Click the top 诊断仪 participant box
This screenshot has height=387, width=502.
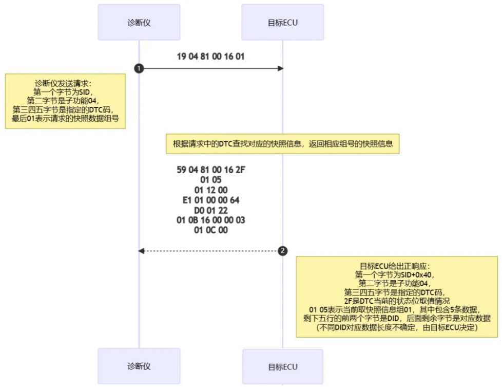[139, 23]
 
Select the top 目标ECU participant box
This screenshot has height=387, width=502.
[282, 23]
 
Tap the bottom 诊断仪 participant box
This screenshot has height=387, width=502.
[139, 366]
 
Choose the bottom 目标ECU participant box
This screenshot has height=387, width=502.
[282, 367]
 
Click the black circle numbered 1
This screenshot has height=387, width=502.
[139, 68]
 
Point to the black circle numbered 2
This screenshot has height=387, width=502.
[282, 251]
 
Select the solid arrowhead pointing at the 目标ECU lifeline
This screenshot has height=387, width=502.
[280, 68]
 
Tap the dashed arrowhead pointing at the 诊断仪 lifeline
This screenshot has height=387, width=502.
[142, 251]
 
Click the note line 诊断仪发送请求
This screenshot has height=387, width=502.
[65, 83]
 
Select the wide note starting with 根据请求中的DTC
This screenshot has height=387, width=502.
[282, 144]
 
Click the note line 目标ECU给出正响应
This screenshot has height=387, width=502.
[398, 266]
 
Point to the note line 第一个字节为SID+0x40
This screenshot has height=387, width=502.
[398, 274]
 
